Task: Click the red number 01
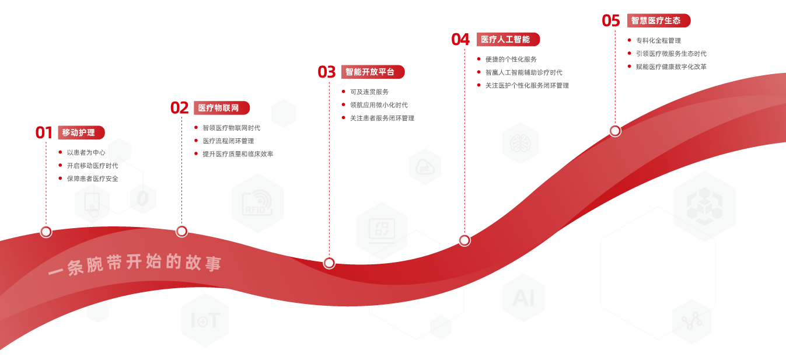pyautogui.click(x=44, y=132)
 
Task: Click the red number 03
pyautogui.click(x=327, y=72)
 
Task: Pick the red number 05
pyautogui.click(x=611, y=21)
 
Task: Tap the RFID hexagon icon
pyautogui.click(x=258, y=203)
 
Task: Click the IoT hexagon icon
pyautogui.click(x=205, y=320)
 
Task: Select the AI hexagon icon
pyautogui.click(x=523, y=298)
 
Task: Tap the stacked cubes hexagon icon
pyautogui.click(x=704, y=206)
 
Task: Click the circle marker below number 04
pyautogui.click(x=464, y=240)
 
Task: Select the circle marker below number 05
pyautogui.click(x=615, y=131)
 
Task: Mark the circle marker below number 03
pyautogui.click(x=329, y=263)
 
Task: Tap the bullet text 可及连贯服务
pyautogui.click(x=369, y=92)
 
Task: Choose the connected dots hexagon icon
pyautogui.click(x=692, y=321)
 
